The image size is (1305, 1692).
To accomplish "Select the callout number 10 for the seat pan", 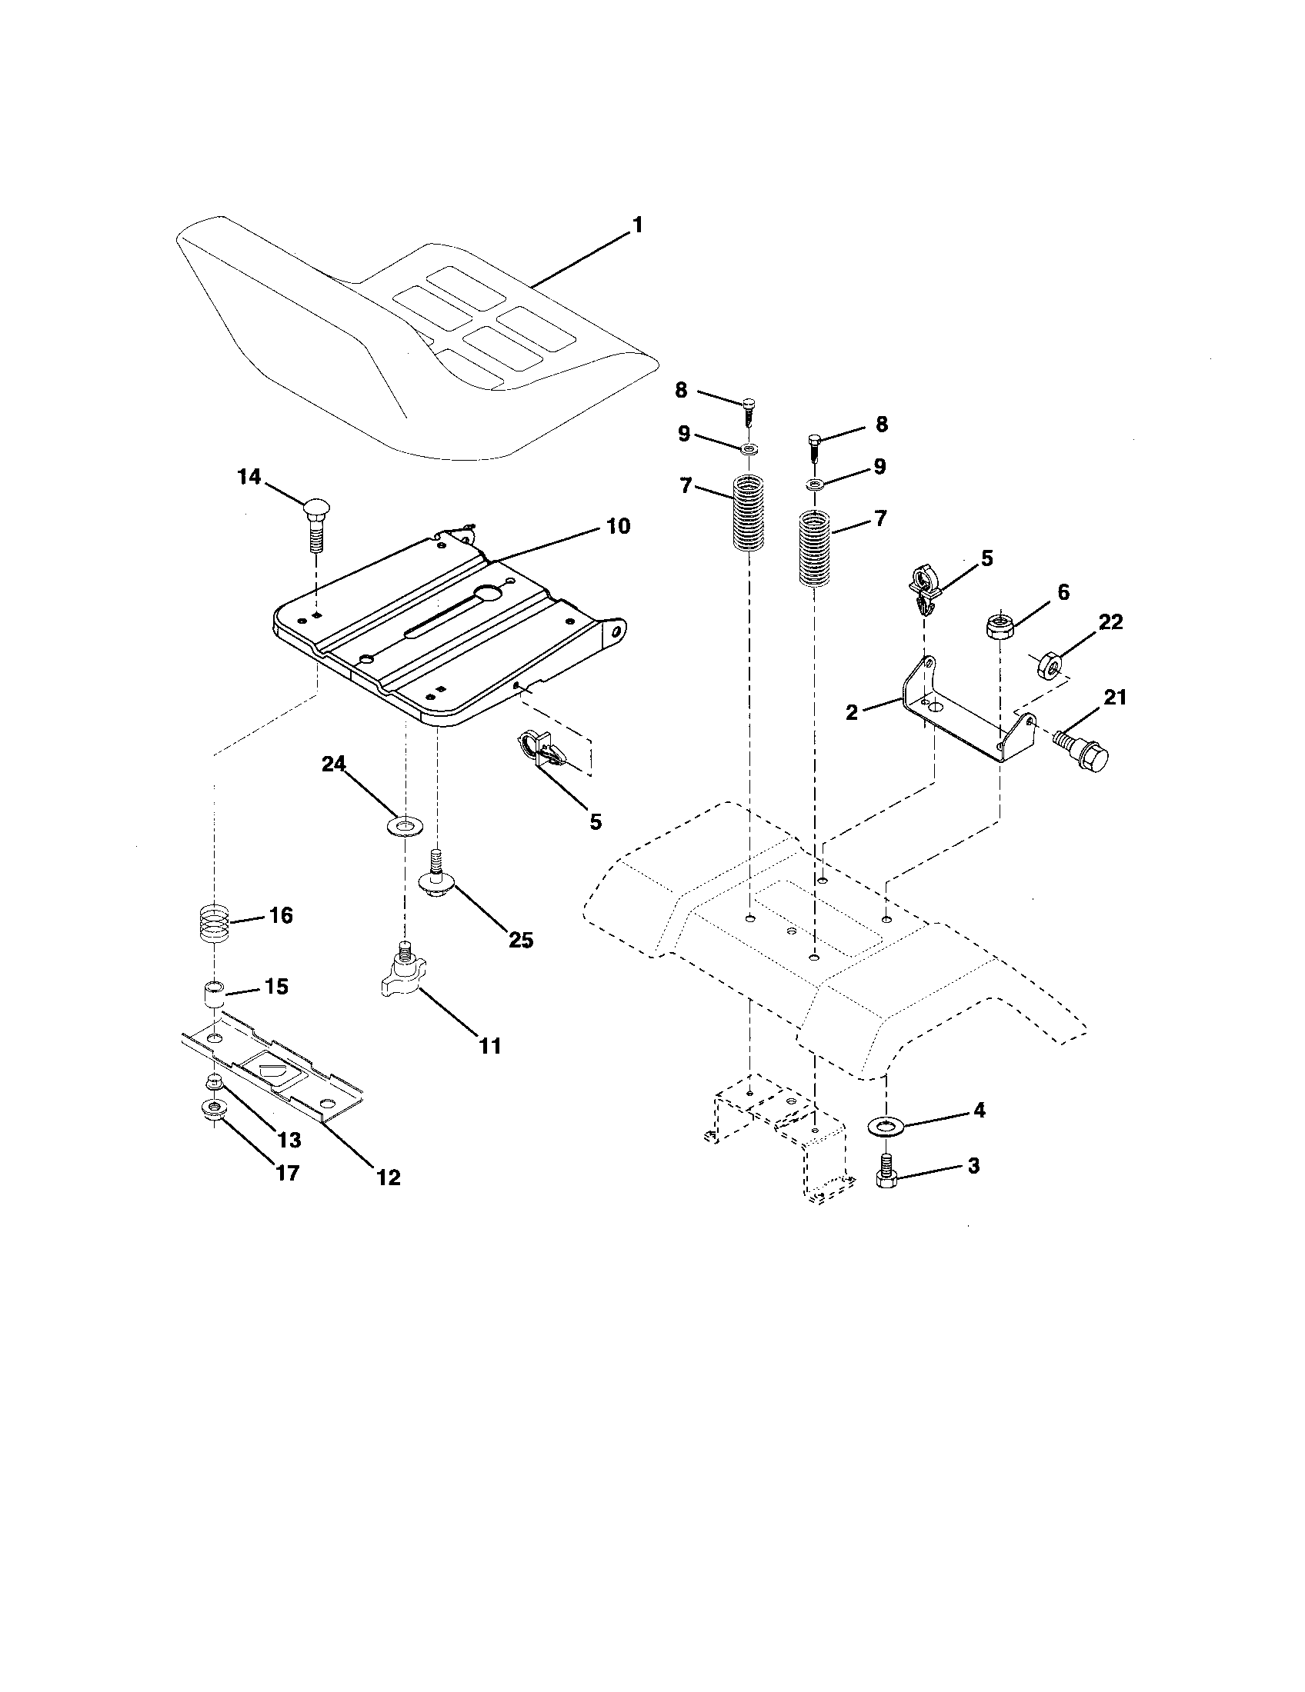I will pyautogui.click(x=617, y=526).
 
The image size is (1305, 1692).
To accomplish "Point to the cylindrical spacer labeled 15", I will pyautogui.click(x=215, y=993).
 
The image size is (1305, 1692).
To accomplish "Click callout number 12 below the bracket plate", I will pyautogui.click(x=389, y=1177).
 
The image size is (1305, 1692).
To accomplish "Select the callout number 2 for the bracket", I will pyautogui.click(x=853, y=713).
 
